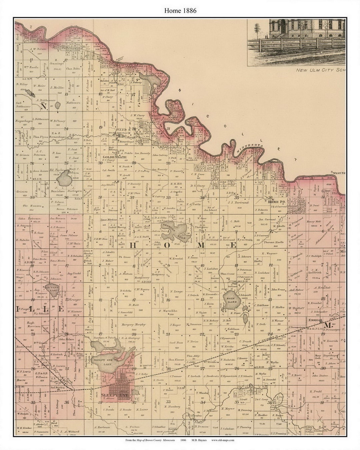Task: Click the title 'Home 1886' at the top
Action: [180, 11]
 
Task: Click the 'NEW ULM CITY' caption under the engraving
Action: [320, 70]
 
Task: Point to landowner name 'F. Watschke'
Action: [167, 311]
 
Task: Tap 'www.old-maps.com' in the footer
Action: [223, 440]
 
